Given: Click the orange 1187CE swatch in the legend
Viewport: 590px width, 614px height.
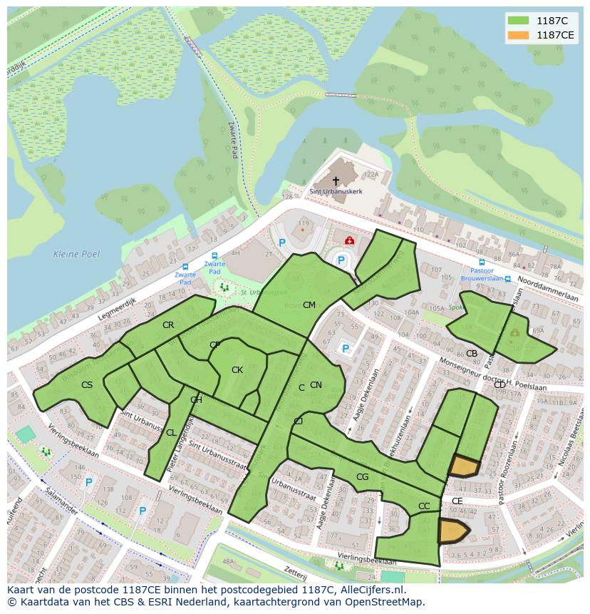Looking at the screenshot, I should [519, 35].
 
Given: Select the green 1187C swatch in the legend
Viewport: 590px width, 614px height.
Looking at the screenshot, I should [519, 21].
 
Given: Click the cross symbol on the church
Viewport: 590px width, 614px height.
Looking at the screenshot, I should [336, 181].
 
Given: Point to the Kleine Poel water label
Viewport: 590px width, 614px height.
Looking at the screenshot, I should [76, 254].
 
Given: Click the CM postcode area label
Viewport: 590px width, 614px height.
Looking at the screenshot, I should [309, 305].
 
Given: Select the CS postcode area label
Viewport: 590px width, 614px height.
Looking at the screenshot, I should [87, 385].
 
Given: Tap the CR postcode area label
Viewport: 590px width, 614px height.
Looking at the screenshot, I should [168, 325].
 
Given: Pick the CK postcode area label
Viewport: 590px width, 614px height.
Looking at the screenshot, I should [237, 370].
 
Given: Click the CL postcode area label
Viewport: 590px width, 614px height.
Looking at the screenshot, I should [171, 433].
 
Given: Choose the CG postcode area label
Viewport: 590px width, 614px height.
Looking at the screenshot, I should [362, 477].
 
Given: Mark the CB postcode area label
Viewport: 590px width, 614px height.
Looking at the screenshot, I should [471, 354].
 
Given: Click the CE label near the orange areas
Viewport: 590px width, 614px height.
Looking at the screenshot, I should [457, 501].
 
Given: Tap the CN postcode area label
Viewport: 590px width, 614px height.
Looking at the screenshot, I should [316, 385].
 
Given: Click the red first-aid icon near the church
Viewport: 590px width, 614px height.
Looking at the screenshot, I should [349, 241].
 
